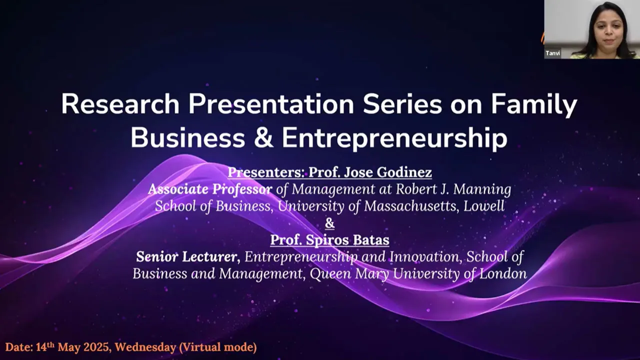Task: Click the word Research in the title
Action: (x=120, y=105)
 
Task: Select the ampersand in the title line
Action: (x=263, y=138)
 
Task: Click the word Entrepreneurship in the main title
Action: (x=394, y=138)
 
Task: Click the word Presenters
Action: (x=265, y=172)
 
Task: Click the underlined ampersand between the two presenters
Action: (x=329, y=223)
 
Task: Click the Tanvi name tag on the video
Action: (x=552, y=53)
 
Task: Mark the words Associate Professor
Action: (x=210, y=189)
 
